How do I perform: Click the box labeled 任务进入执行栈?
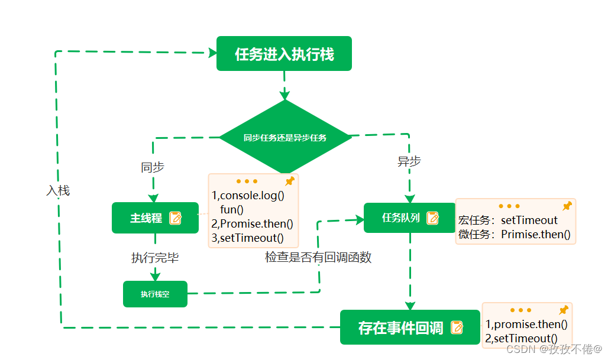(x=284, y=54)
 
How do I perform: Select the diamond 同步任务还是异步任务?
(x=285, y=138)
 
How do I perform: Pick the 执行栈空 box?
(x=155, y=294)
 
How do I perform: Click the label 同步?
(x=152, y=167)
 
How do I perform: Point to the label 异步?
(x=409, y=161)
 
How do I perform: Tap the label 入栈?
(x=58, y=191)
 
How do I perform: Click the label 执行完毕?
(x=155, y=258)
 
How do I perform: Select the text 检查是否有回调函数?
(x=318, y=258)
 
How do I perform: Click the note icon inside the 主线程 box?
(x=176, y=218)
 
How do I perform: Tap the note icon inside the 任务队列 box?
(x=433, y=218)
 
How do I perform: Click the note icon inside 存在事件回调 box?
(x=457, y=327)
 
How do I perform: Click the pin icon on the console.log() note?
(x=289, y=181)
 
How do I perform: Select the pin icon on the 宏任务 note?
(x=567, y=206)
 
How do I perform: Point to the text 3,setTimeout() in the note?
(x=247, y=238)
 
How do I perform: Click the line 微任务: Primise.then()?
(x=514, y=235)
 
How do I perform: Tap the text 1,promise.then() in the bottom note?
(x=526, y=324)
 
